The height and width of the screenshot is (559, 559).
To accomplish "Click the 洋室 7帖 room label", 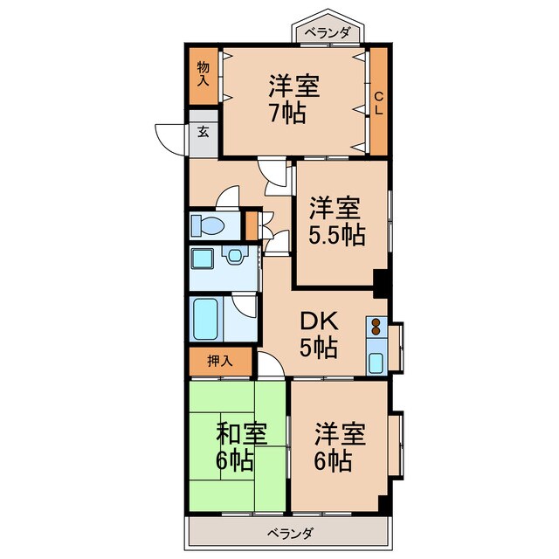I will click(x=293, y=100).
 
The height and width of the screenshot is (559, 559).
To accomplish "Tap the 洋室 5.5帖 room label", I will click(x=336, y=222).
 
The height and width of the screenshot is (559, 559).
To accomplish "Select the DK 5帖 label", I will click(x=319, y=333).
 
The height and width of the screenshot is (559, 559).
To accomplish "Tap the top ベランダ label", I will click(x=328, y=34).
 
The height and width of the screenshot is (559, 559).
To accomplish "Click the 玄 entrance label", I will click(x=203, y=133).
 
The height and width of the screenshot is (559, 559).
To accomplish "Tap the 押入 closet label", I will click(x=219, y=360).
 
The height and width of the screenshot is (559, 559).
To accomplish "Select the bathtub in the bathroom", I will click(x=207, y=321).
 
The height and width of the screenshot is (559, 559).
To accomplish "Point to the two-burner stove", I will click(x=376, y=328).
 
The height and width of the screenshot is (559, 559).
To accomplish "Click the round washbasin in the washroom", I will click(x=234, y=255).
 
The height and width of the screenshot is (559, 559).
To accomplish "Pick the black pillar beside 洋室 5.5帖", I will click(x=380, y=281).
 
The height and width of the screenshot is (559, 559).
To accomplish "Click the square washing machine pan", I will click(x=204, y=259).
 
